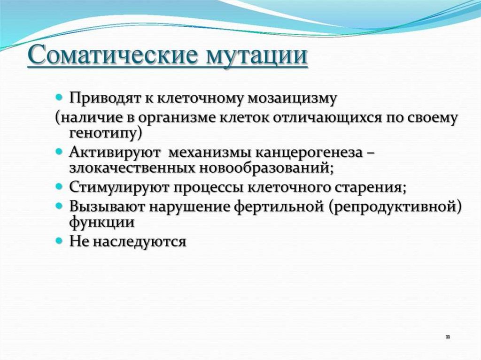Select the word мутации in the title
tap(256, 56)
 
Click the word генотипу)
tap(106, 135)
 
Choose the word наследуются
tap(140, 242)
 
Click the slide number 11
tap(448, 337)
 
